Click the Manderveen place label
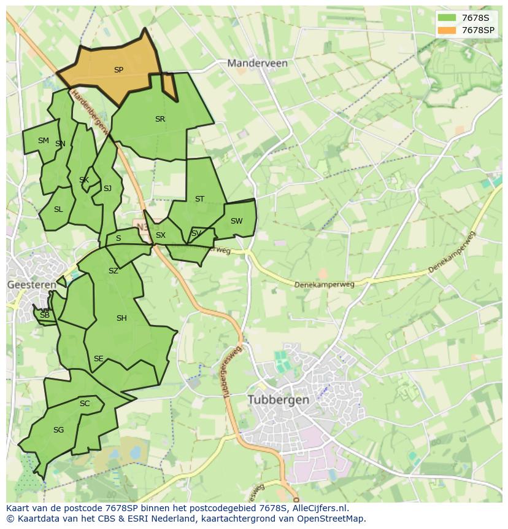click(x=257, y=63)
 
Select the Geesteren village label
click(x=31, y=284)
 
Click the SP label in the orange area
click(x=118, y=70)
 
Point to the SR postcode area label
click(x=160, y=119)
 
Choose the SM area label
click(x=43, y=141)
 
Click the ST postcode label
click(x=199, y=199)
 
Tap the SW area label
click(x=236, y=221)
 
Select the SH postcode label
click(x=121, y=318)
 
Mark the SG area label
click(x=58, y=430)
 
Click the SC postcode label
click(x=85, y=404)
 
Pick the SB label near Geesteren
click(x=44, y=315)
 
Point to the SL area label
click(x=58, y=210)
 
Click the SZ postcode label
click(x=114, y=271)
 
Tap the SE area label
click(x=98, y=359)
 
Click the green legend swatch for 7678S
click(x=447, y=18)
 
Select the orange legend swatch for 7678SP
click(x=447, y=30)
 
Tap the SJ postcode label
click(x=107, y=189)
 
